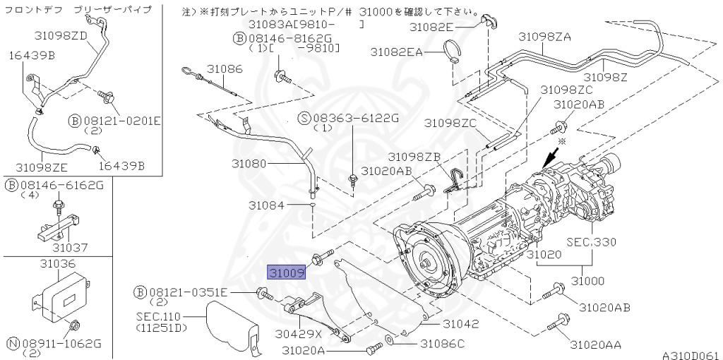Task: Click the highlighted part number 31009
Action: pos(285,271)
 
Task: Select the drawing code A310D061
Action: pos(690,355)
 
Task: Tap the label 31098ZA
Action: pos(544,36)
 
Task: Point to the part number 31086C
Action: pos(443,344)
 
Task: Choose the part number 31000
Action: pos(582,281)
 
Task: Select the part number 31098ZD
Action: pos(61,35)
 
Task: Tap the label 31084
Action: pos(265,205)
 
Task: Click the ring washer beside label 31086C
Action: pos(391,344)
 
